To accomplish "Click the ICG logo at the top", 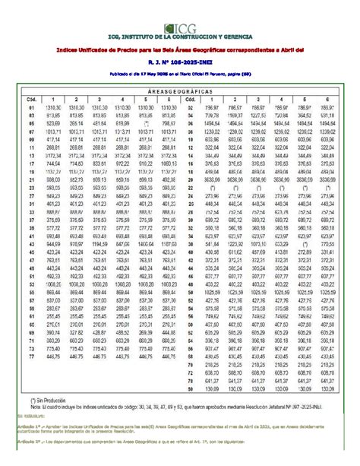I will tap(180, 29).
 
